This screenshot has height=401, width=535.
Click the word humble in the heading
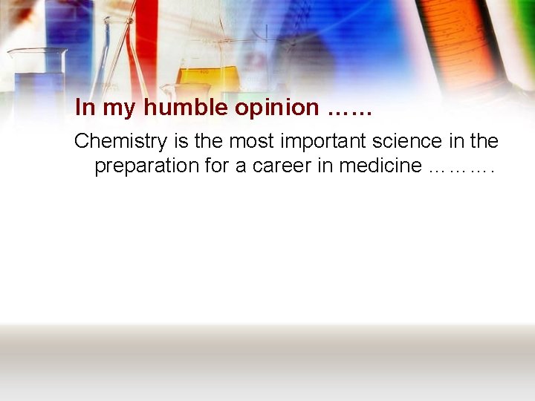click(186, 108)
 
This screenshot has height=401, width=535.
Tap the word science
click(410, 140)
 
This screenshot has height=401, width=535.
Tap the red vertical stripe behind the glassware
click(146, 37)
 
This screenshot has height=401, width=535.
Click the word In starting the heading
click(85, 108)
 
